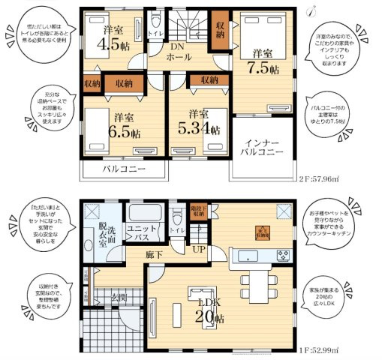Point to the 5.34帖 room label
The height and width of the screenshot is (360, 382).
[199, 122]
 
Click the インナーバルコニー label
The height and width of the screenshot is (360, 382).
[262, 146]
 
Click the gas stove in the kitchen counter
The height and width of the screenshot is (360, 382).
[284, 256]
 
